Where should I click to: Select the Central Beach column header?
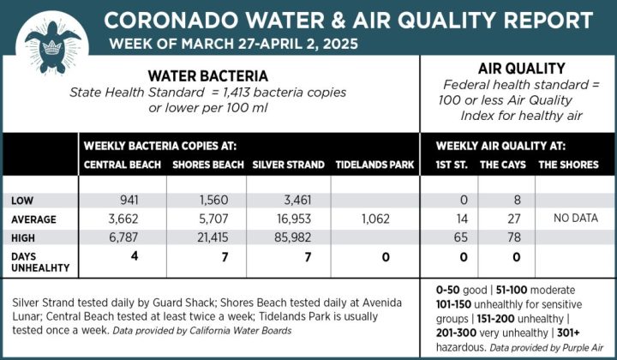123,165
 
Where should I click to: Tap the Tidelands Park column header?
374,165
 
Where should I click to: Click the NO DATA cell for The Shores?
575,218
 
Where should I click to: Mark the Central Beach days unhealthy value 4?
134,255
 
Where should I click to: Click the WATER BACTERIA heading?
207,75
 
